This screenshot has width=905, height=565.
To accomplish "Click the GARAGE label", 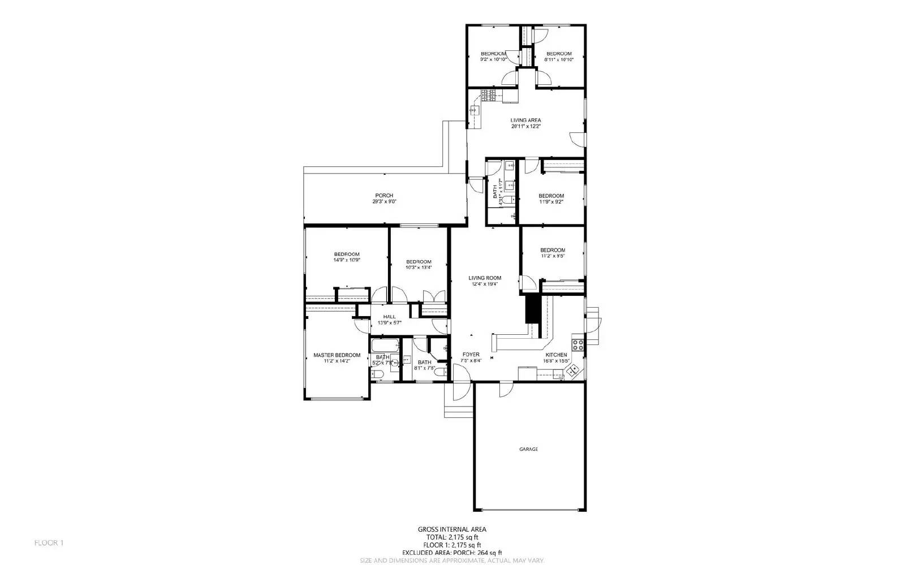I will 528,449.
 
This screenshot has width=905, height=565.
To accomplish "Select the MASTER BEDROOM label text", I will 337,355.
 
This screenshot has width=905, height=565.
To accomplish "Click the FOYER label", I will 471,355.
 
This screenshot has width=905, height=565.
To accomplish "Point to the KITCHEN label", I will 555,355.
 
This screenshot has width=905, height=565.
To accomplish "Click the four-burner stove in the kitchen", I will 578,344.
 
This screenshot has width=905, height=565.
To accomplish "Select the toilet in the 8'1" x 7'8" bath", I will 441,370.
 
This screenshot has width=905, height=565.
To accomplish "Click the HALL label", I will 389,317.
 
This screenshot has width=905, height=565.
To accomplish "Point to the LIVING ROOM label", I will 485,278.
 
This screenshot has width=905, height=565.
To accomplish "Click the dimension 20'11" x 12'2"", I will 525,126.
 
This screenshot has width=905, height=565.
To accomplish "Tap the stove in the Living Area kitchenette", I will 489,95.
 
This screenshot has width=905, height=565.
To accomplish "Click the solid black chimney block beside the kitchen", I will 531,308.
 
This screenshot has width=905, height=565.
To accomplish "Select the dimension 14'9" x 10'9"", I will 346,260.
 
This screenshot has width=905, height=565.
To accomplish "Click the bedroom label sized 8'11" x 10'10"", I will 559,59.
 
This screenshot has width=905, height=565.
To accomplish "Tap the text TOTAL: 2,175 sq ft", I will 451,537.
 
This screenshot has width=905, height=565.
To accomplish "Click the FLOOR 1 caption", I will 49,543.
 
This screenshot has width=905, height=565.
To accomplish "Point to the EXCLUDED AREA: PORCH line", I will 451,553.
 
